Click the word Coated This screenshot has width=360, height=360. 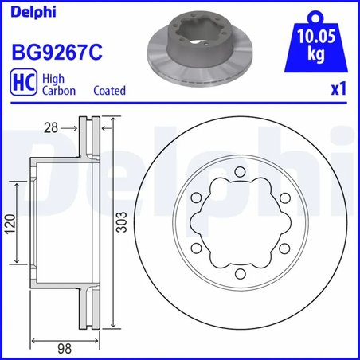pyautogui.click(x=109, y=91)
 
